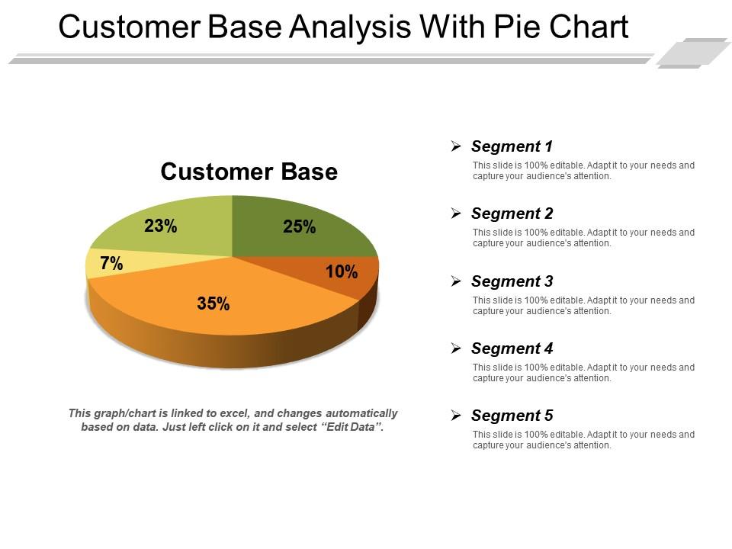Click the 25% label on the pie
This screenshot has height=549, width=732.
click(x=299, y=226)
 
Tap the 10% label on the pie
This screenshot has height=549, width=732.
click(x=342, y=271)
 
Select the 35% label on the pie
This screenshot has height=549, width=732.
click(x=213, y=303)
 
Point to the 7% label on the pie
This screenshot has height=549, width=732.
click(x=111, y=264)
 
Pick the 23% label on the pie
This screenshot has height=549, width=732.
click(x=161, y=226)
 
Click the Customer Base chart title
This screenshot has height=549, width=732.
click(x=249, y=172)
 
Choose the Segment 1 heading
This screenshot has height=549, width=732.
click(x=512, y=146)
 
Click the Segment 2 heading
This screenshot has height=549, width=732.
click(x=512, y=213)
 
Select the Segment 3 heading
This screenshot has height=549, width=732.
click(x=512, y=281)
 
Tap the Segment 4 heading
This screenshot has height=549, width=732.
click(x=512, y=348)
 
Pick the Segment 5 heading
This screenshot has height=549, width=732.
click(x=512, y=416)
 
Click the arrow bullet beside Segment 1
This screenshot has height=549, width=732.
click(x=456, y=146)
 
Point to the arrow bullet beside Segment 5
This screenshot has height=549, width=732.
click(x=456, y=416)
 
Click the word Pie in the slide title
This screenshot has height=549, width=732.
click(x=528, y=27)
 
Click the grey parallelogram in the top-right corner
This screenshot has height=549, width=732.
click(x=692, y=52)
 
